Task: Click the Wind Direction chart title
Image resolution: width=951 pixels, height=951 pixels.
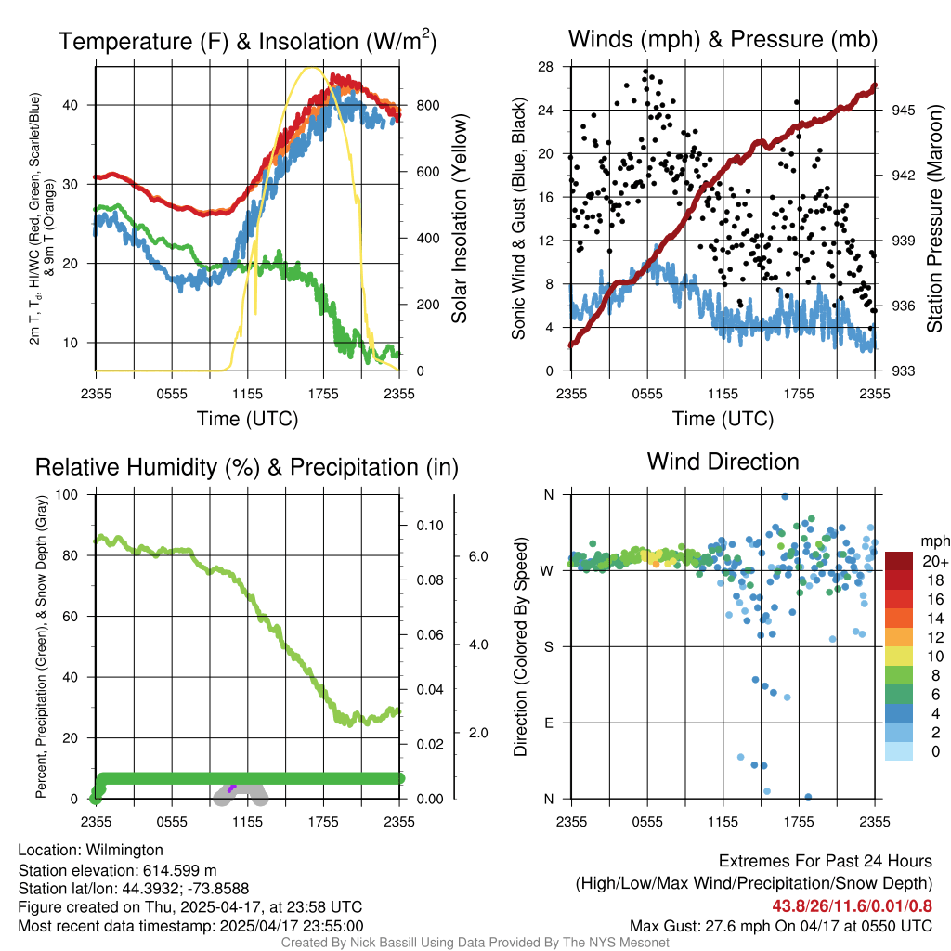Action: pyautogui.click(x=723, y=462)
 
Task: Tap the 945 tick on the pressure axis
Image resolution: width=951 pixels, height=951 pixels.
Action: pyautogui.click(x=904, y=110)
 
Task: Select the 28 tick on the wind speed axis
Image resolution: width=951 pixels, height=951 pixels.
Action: pyautogui.click(x=545, y=67)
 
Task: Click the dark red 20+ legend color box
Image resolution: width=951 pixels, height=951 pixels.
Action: pyautogui.click(x=898, y=561)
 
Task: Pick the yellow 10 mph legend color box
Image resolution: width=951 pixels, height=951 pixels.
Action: pyautogui.click(x=898, y=656)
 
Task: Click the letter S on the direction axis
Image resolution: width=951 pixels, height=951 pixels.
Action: pyautogui.click(x=548, y=646)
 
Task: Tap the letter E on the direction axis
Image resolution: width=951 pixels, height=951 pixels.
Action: pyautogui.click(x=548, y=723)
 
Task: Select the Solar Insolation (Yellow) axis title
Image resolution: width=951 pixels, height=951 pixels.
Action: pyautogui.click(x=460, y=219)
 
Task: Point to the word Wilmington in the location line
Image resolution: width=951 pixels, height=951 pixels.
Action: pyautogui.click(x=118, y=850)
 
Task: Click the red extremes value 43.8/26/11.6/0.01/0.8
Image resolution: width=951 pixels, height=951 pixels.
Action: pyautogui.click(x=852, y=906)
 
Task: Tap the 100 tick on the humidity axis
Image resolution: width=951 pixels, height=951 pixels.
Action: pyautogui.click(x=68, y=494)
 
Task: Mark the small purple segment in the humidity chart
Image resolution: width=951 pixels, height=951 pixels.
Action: pyautogui.click(x=232, y=788)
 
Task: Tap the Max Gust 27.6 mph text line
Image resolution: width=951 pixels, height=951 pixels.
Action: pyautogui.click(x=780, y=926)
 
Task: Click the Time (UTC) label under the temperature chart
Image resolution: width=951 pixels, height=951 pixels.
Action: pyautogui.click(x=247, y=419)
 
